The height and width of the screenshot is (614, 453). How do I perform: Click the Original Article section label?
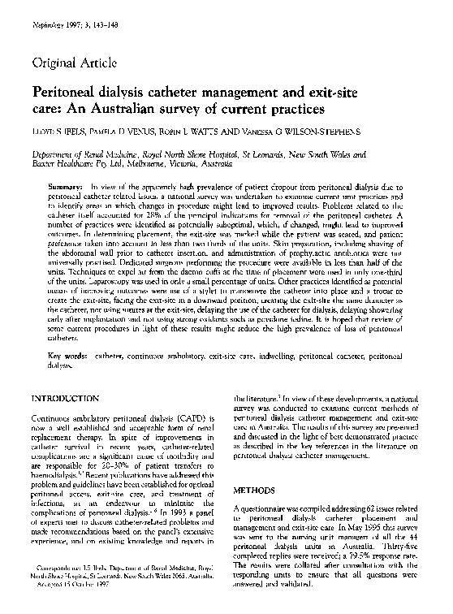[x=73, y=63]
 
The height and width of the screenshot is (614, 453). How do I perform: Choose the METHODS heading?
[x=255, y=491]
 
